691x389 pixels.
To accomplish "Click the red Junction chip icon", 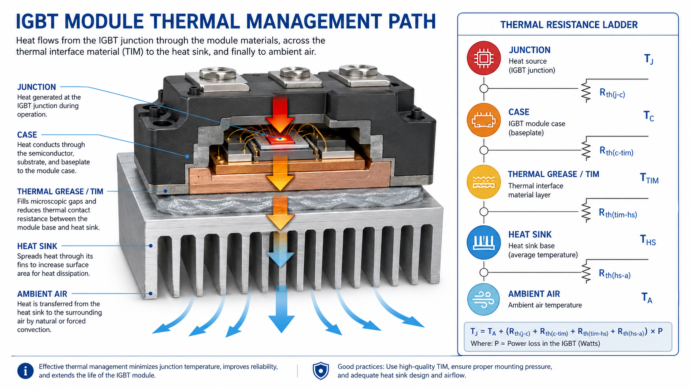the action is pyautogui.click(x=484, y=58).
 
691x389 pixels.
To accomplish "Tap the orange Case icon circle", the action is pyautogui.click(x=484, y=120).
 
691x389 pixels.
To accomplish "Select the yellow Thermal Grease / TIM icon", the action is pyautogui.click(x=484, y=182).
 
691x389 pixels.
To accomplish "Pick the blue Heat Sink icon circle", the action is pyautogui.click(x=484, y=243).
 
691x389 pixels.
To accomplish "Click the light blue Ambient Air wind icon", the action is pyautogui.click(x=484, y=300).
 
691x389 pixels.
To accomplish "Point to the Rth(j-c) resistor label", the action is pyautogui.click(x=612, y=93).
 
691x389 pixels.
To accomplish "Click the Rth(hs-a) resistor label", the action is pyautogui.click(x=615, y=274).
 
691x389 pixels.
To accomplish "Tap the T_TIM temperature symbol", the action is pyautogui.click(x=649, y=179).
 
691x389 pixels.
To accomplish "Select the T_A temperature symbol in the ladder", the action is pyautogui.click(x=647, y=298).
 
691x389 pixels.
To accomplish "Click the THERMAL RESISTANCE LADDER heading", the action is pyautogui.click(x=569, y=25).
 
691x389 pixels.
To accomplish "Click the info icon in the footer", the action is pyautogui.click(x=25, y=371).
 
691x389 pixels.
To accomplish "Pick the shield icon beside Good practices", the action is pyautogui.click(x=321, y=371).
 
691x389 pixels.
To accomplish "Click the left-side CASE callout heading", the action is pyautogui.click(x=27, y=135).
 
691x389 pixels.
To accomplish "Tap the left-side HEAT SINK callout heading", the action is pyautogui.click(x=37, y=246).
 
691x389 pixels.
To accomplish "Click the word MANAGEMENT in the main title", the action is pyautogui.click(x=314, y=21).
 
